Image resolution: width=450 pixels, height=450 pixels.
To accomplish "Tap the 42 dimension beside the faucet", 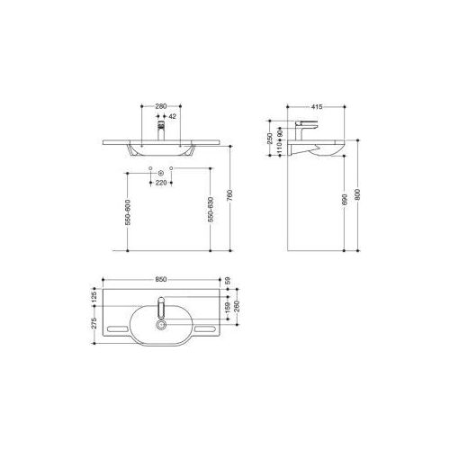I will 172,117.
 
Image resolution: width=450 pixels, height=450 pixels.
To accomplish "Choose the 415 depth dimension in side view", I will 317,107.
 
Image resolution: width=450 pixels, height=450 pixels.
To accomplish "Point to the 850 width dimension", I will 161,279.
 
